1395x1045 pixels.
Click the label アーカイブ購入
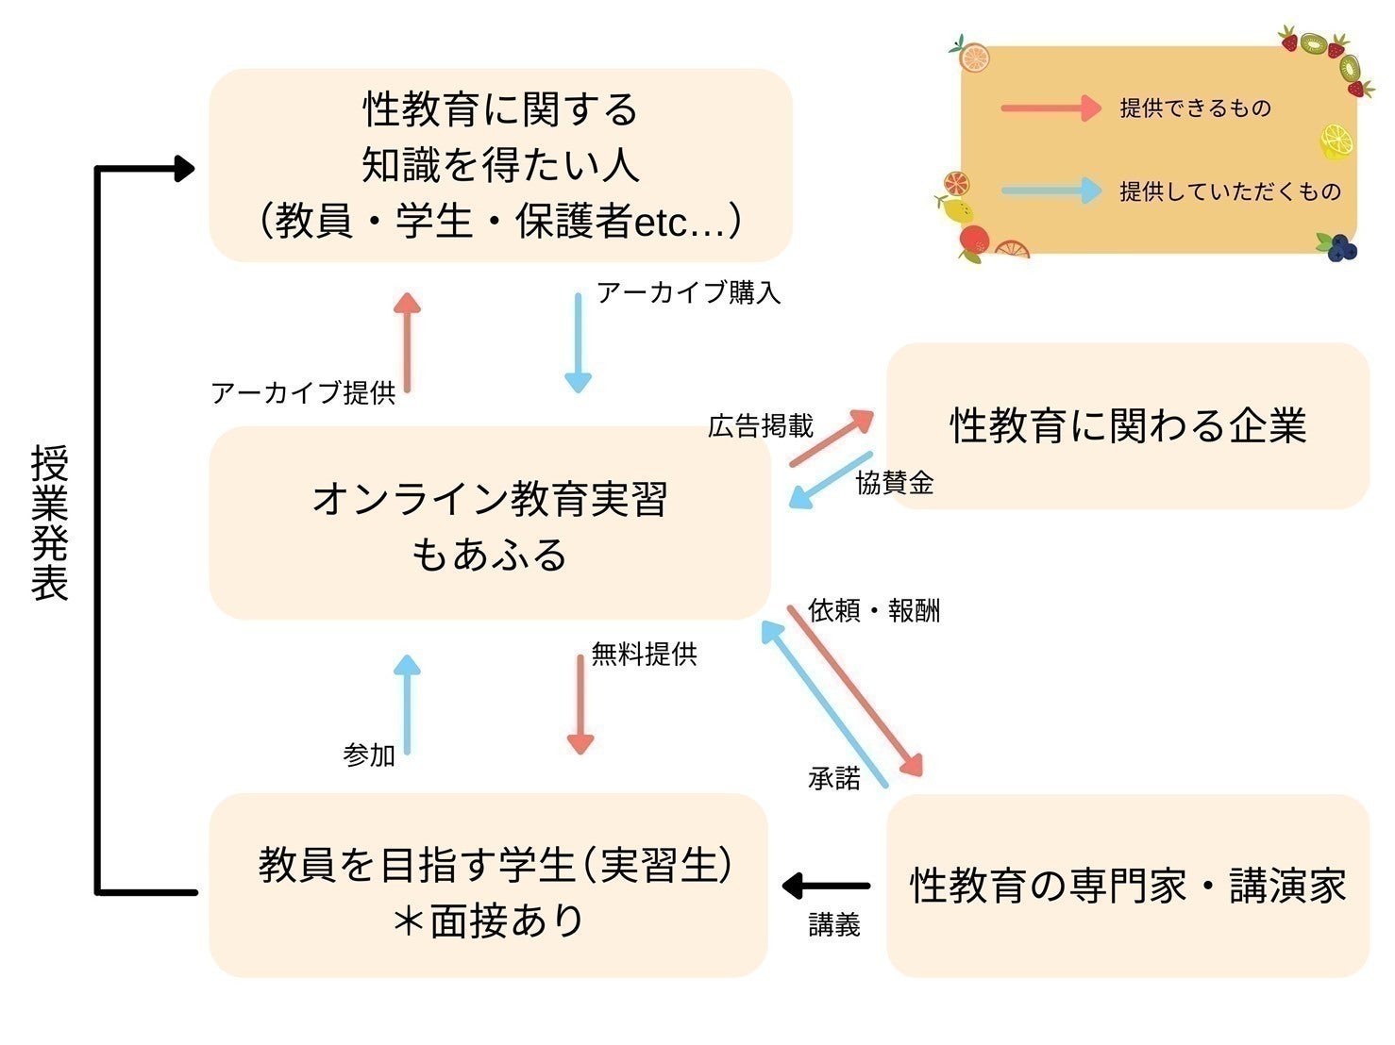coord(688,292)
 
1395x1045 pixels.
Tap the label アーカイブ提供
coord(303,392)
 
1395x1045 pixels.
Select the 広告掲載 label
coord(760,426)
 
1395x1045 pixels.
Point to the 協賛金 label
coord(894,483)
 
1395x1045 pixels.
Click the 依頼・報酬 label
coord(874,610)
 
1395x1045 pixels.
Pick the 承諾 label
coord(834,778)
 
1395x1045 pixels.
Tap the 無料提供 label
coord(644,654)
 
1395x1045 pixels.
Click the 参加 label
coord(369,755)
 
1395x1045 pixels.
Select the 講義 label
coord(834,924)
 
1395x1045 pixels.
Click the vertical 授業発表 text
coord(50,522)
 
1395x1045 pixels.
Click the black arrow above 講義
coord(827,886)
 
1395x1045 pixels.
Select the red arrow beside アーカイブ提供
coord(407,340)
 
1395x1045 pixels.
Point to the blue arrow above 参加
coord(407,704)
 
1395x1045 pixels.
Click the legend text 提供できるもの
coord(1195,108)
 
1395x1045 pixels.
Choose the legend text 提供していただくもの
coord(1230,191)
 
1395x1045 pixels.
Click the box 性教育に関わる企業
coord(1128,426)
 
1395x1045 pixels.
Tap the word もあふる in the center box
coord(489,555)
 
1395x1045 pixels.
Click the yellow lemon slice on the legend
coord(1336,141)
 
